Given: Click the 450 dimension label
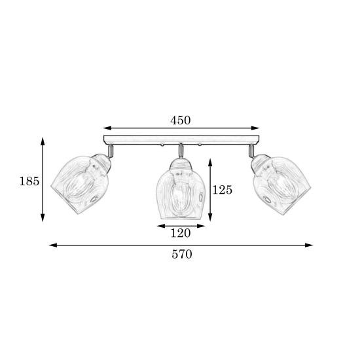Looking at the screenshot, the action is point(181,120).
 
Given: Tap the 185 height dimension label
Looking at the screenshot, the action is point(29,181).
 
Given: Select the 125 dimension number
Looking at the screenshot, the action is point(223,190).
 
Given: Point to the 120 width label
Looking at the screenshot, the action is point(181,233).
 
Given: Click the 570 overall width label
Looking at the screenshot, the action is point(182,255).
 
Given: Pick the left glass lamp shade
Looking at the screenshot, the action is point(81,184).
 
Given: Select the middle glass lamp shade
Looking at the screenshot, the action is point(181,189).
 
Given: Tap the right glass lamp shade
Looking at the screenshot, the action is point(281,184).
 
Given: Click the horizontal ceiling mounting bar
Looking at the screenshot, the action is point(181,140).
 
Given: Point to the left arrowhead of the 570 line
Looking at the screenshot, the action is point(53,245).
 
